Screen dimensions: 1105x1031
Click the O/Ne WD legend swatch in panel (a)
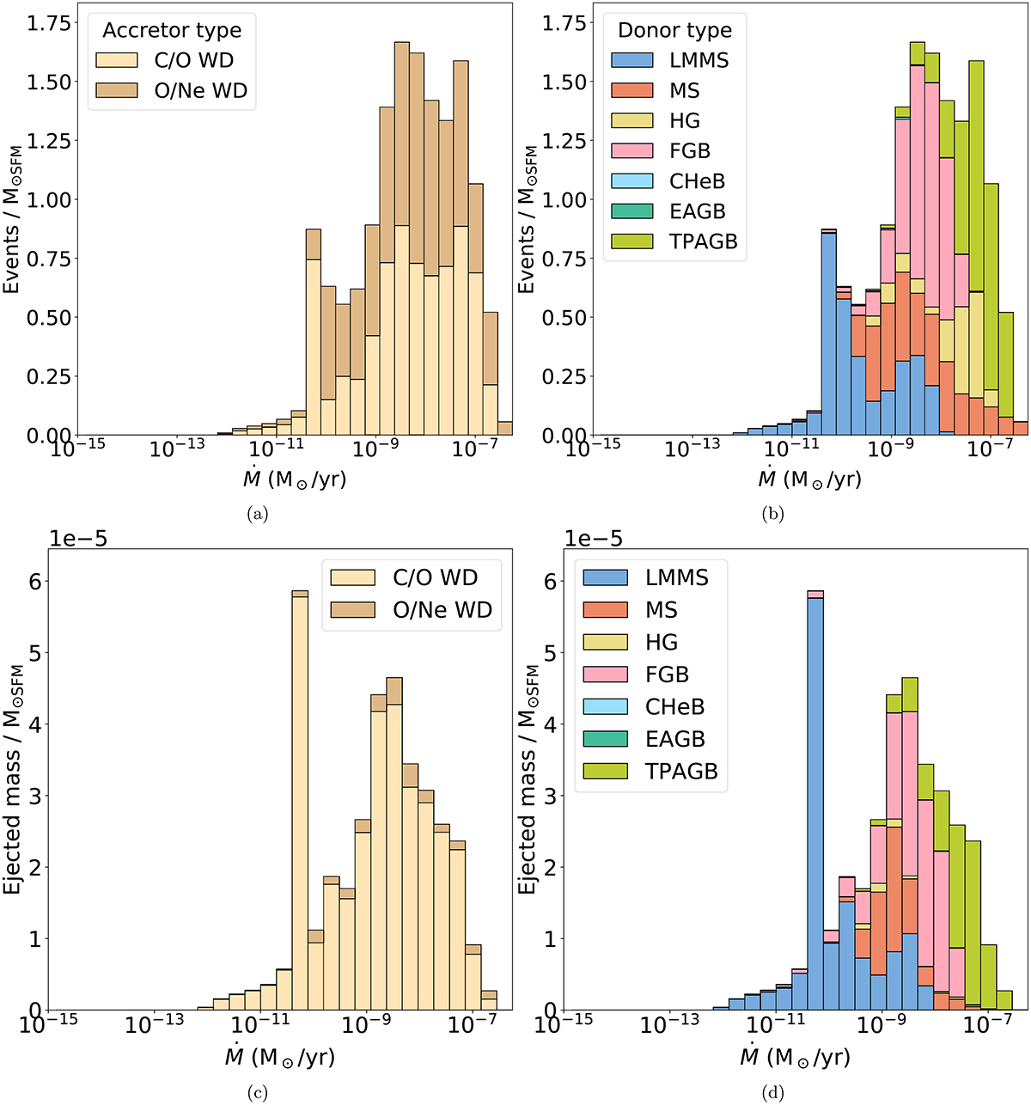(x=117, y=91)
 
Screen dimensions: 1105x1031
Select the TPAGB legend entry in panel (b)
(x=674, y=241)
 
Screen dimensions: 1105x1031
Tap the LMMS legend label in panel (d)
(x=676, y=577)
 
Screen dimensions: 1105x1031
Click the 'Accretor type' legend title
(x=172, y=31)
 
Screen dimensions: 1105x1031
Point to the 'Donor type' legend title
(x=674, y=31)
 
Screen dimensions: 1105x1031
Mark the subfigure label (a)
(x=257, y=514)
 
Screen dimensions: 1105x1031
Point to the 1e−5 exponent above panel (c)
(x=77, y=539)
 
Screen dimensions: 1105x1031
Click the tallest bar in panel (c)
(x=300, y=799)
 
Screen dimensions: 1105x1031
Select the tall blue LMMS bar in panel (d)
(x=815, y=799)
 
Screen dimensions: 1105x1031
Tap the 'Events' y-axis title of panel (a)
(x=12, y=219)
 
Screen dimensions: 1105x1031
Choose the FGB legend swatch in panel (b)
(x=632, y=151)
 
